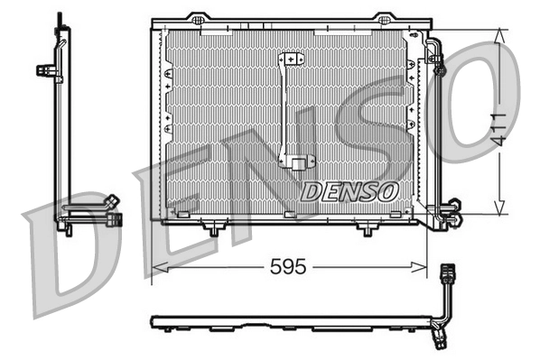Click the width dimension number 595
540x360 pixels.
(288, 267)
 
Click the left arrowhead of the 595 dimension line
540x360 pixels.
(156, 267)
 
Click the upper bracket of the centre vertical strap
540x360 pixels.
(291, 60)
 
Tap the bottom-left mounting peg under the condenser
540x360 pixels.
(213, 230)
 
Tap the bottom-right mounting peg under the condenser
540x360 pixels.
(366, 230)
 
